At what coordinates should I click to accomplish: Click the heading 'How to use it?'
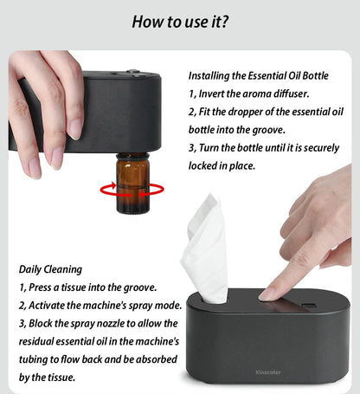pyautogui.click(x=180, y=21)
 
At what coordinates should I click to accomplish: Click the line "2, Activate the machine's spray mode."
pyautogui.click(x=98, y=306)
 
